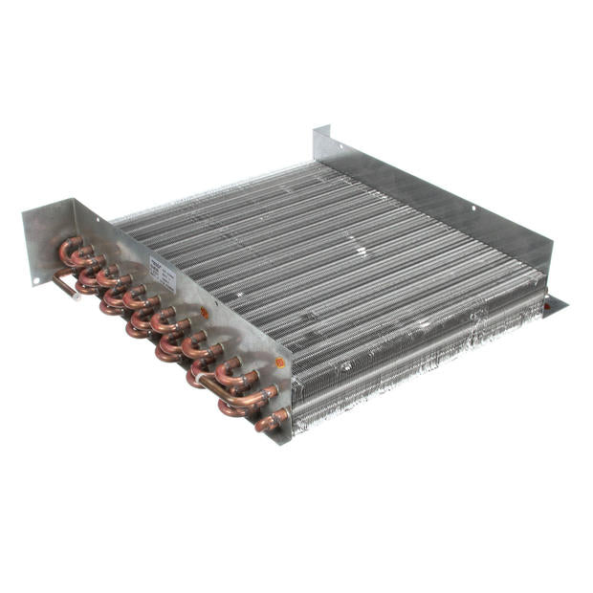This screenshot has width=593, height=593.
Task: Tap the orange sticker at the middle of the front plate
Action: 203,312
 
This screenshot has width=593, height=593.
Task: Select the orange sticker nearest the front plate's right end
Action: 279,362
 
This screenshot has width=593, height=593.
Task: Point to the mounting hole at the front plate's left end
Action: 35,279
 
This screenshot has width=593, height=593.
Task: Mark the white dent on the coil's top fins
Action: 362,252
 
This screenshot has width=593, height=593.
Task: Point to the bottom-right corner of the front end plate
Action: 285,442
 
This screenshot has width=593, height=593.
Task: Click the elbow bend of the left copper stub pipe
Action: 60,275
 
